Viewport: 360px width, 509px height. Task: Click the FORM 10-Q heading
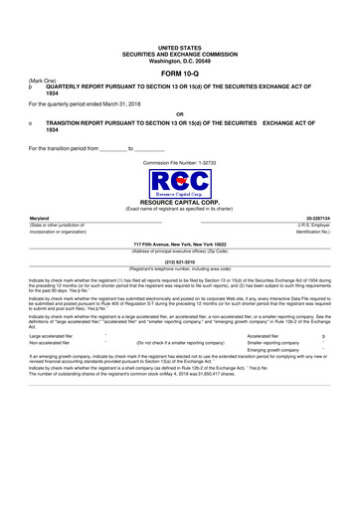(179, 74)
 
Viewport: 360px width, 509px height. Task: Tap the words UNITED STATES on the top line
(179, 47)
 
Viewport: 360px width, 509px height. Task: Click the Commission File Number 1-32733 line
(179, 160)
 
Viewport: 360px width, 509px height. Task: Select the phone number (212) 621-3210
(179, 262)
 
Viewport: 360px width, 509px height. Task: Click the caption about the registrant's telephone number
(179, 268)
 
